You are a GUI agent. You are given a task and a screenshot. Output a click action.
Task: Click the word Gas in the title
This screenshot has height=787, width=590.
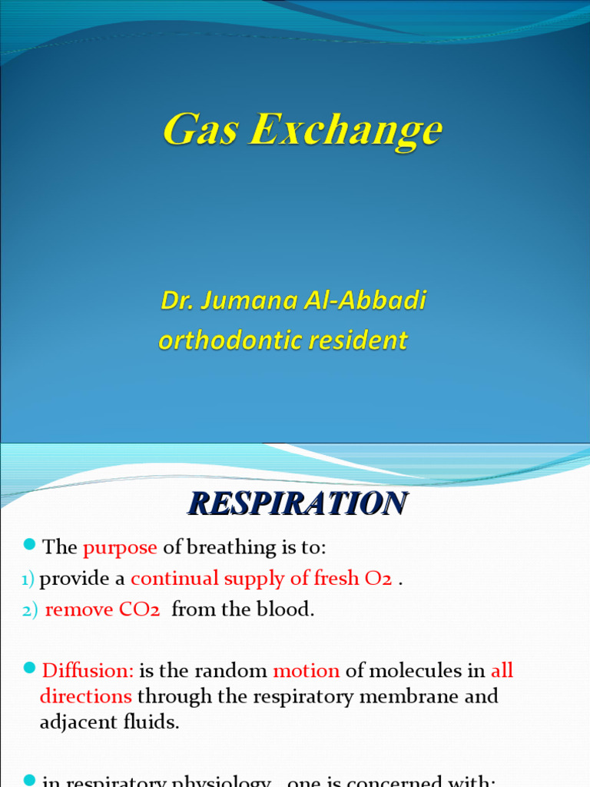pyautogui.click(x=200, y=129)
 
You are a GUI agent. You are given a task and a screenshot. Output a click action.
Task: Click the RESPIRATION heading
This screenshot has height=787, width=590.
pyautogui.click(x=297, y=503)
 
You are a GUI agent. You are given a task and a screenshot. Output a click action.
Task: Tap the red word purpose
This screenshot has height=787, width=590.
pyautogui.click(x=120, y=547)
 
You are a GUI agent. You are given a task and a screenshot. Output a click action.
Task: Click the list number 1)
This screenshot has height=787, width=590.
pyautogui.click(x=28, y=579)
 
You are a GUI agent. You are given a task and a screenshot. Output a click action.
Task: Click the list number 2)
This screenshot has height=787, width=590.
pyautogui.click(x=30, y=610)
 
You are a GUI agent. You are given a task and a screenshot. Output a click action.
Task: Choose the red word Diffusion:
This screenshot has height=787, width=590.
pyautogui.click(x=88, y=670)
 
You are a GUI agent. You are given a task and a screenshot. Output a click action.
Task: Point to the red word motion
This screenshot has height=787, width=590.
pyautogui.click(x=306, y=670)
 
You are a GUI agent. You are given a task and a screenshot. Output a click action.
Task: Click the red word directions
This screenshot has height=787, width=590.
pyautogui.click(x=85, y=696)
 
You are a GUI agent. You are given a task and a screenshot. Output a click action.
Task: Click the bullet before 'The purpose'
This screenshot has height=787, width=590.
pyautogui.click(x=30, y=545)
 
